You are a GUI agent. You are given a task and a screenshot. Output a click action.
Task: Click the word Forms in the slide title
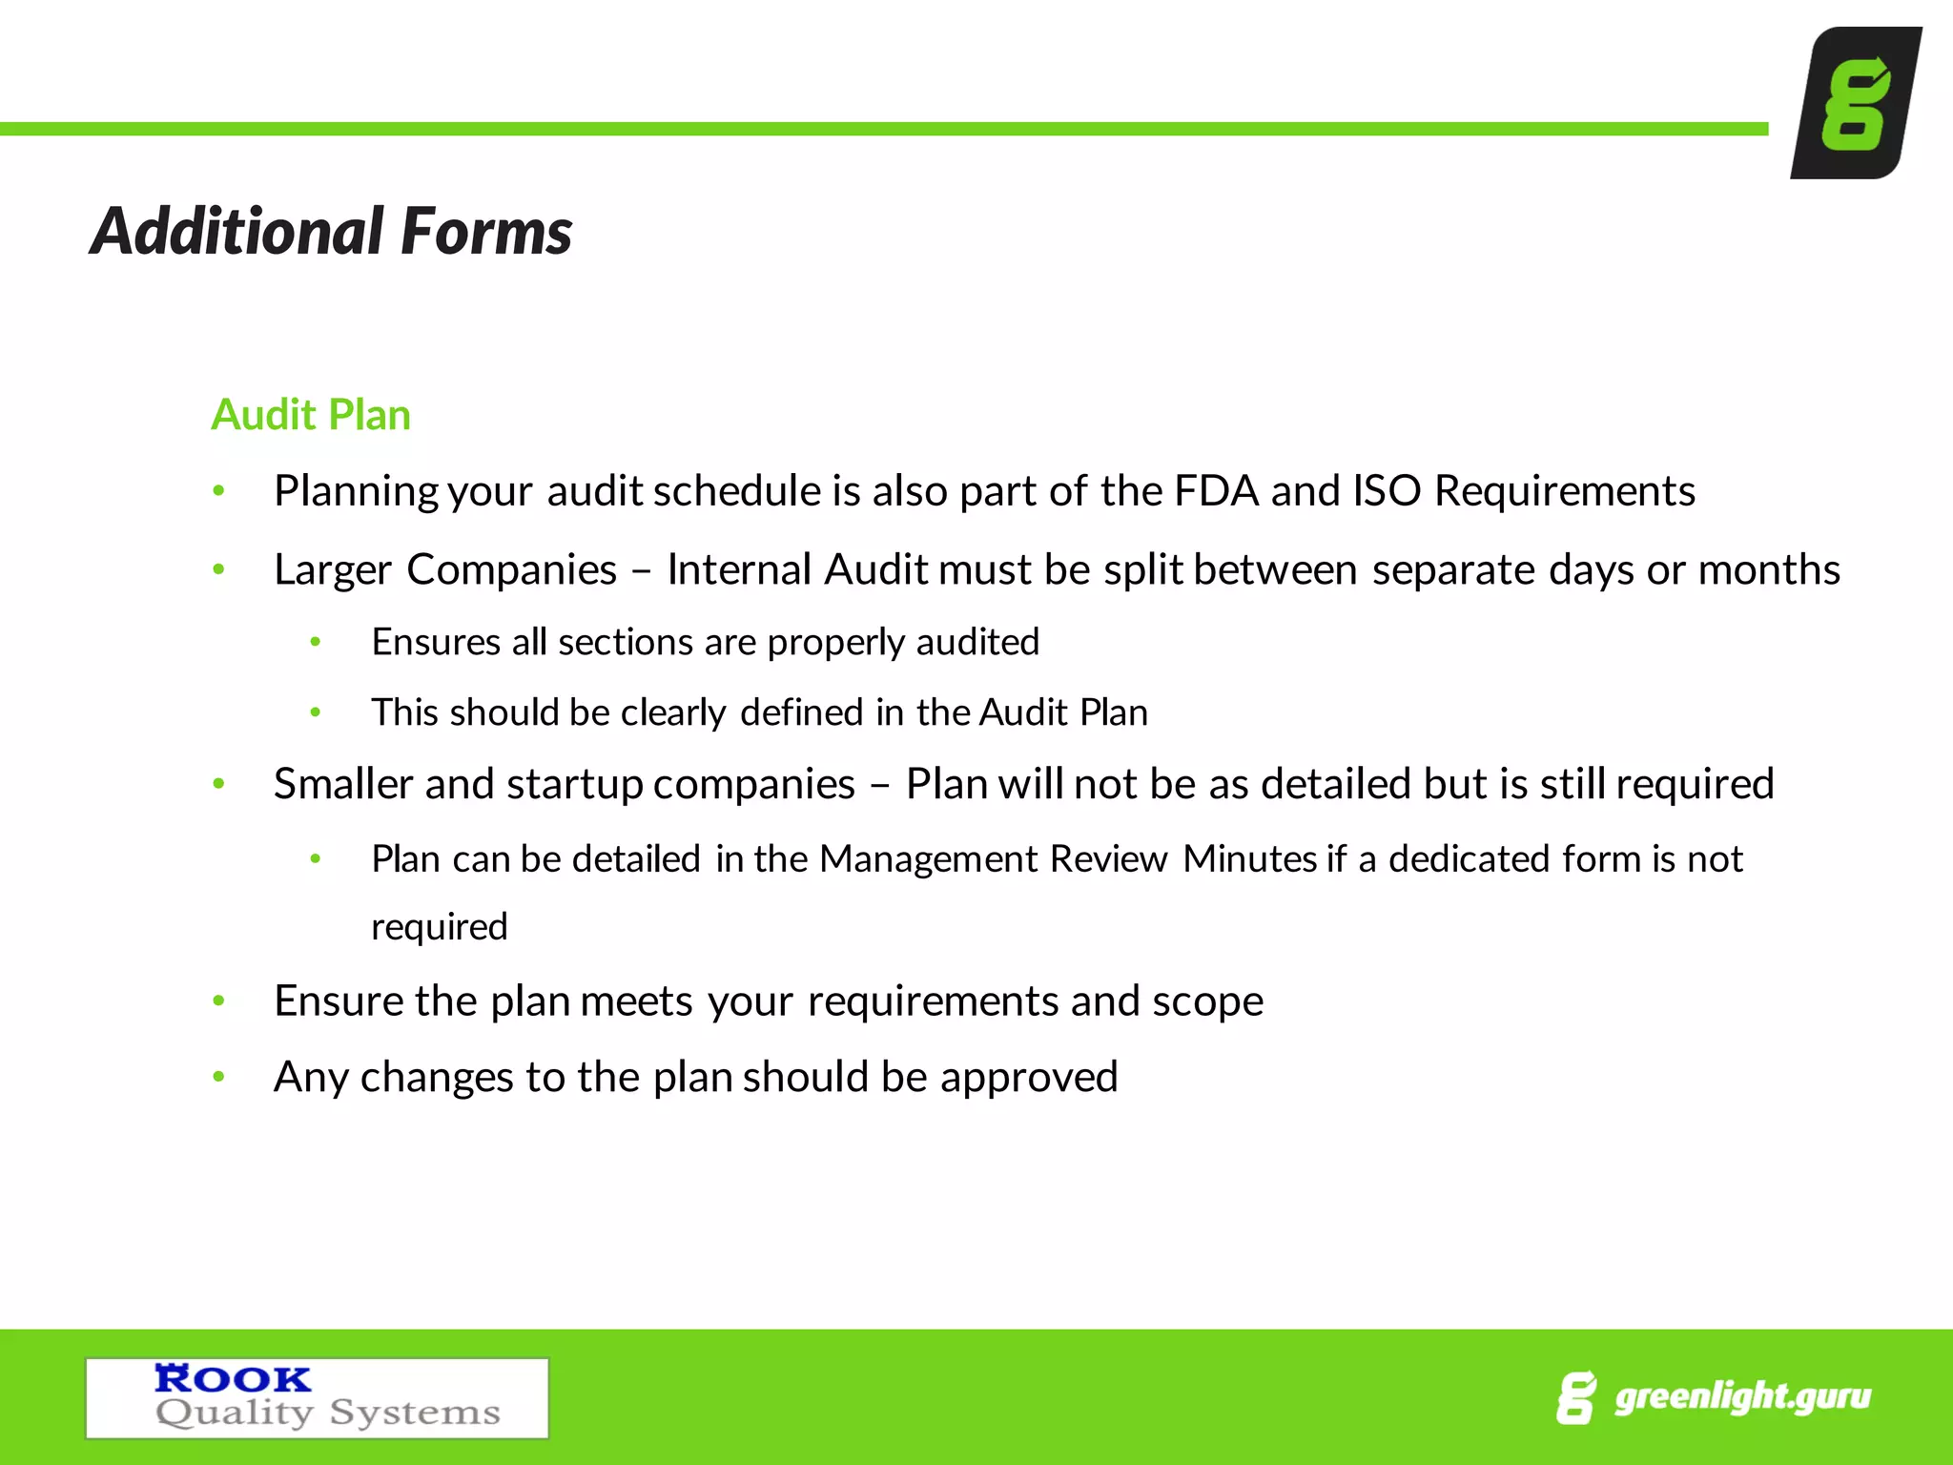[486, 232]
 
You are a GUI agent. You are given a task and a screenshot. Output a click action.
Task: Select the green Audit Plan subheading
[311, 415]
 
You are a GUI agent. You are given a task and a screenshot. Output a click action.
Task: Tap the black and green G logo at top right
[1855, 103]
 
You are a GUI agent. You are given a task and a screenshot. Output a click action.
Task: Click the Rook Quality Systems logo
[317, 1397]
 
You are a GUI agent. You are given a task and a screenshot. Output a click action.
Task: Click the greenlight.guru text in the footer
[1741, 1396]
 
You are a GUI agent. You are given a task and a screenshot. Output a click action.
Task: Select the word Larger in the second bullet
[332, 570]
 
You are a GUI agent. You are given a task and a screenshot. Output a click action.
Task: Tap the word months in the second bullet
[1769, 570]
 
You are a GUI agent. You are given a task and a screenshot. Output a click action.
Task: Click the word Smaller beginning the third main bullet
[343, 784]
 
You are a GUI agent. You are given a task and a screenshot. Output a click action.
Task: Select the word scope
[1207, 1001]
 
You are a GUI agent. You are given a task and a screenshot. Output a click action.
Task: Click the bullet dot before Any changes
[218, 1077]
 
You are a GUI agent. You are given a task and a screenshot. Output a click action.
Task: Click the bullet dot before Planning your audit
[218, 491]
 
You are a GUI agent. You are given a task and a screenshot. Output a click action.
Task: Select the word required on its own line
[439, 927]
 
